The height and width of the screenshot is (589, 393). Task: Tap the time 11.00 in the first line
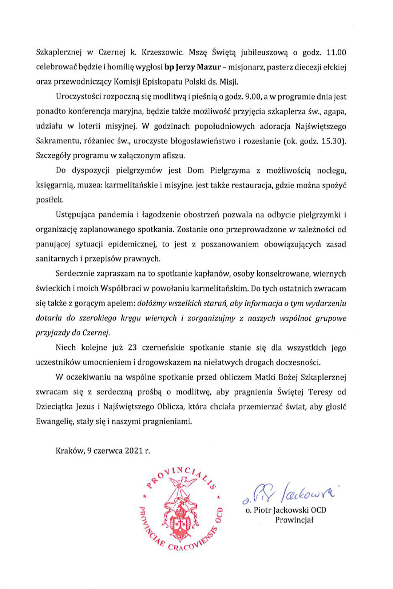click(x=336, y=52)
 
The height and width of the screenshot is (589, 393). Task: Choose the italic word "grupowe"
click(x=330, y=318)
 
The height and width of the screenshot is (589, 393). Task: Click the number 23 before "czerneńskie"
click(x=132, y=348)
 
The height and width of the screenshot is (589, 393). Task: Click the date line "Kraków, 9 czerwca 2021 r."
click(x=103, y=451)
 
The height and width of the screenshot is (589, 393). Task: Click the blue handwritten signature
click(x=288, y=493)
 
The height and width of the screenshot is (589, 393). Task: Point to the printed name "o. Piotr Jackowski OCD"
click(x=286, y=510)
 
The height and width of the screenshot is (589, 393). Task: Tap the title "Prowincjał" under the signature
click(x=294, y=520)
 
